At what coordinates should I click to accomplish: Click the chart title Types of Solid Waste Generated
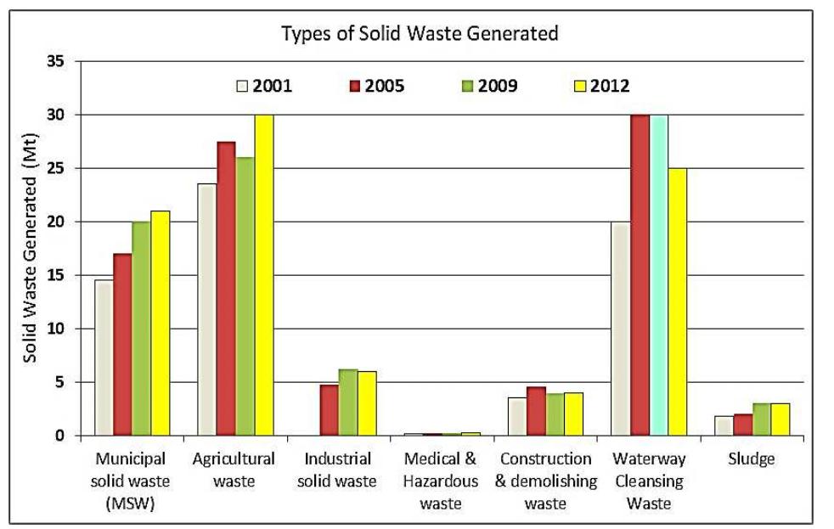(x=420, y=34)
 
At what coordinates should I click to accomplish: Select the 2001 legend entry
(x=264, y=86)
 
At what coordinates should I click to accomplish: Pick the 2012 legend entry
(x=602, y=86)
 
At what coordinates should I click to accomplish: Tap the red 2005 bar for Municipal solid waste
(x=123, y=344)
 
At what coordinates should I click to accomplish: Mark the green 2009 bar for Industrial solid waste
(x=348, y=402)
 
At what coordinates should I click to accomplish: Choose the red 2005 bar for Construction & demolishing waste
(x=536, y=411)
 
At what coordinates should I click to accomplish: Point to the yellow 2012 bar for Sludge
(x=780, y=419)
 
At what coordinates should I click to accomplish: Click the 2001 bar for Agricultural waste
(x=207, y=310)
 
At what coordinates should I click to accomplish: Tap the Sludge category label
(x=752, y=459)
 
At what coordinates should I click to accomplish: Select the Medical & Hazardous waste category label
(x=442, y=481)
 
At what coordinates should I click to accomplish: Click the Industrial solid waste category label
(x=339, y=470)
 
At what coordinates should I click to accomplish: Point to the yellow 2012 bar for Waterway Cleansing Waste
(x=677, y=301)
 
